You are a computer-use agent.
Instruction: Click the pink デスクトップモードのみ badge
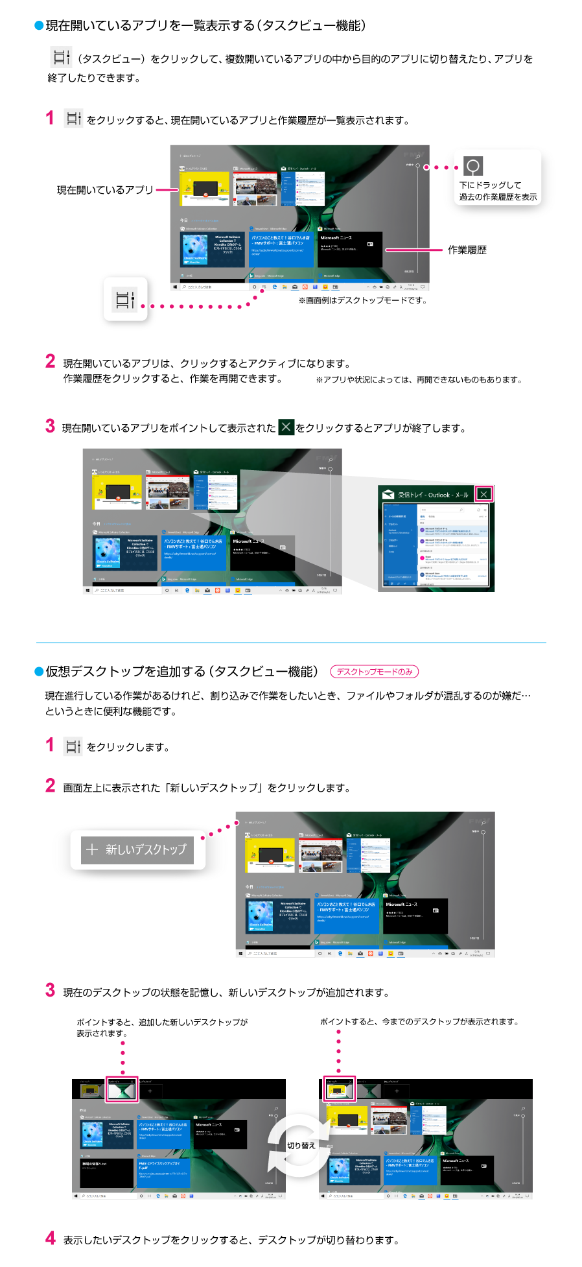pyautogui.click(x=375, y=672)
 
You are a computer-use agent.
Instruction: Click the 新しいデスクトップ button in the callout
pyautogui.click(x=137, y=849)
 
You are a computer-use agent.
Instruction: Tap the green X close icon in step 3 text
pyautogui.click(x=286, y=427)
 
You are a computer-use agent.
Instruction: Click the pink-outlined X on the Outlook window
pyautogui.click(x=483, y=494)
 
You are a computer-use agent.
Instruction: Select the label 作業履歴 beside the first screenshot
pyautogui.click(x=467, y=250)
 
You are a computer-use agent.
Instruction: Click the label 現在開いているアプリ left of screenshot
pyautogui.click(x=105, y=190)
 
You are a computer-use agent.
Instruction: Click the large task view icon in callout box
pyautogui.click(x=125, y=300)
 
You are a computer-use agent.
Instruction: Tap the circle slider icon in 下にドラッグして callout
pyautogui.click(x=473, y=166)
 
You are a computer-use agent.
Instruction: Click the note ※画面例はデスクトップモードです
pyautogui.click(x=362, y=300)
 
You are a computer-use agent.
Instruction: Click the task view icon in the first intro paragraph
pyautogui.click(x=61, y=58)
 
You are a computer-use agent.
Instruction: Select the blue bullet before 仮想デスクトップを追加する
pyautogui.click(x=39, y=672)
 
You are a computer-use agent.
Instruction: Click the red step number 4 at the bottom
pyautogui.click(x=51, y=1238)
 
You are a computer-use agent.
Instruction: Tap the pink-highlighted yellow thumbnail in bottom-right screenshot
pyautogui.click(x=339, y=1091)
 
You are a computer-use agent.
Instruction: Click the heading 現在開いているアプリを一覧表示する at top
pyautogui.click(x=205, y=25)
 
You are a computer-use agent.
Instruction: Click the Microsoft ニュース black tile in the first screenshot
pyautogui.click(x=349, y=249)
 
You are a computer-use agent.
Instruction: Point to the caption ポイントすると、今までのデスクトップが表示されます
pyautogui.click(x=420, y=1022)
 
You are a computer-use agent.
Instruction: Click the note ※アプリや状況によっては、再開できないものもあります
pyautogui.click(x=419, y=380)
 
